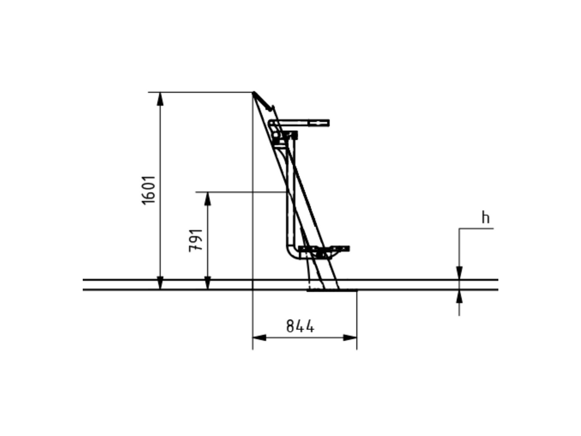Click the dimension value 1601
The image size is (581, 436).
pyautogui.click(x=149, y=190)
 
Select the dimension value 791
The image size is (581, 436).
pyautogui.click(x=196, y=241)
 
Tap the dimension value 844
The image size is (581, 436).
pyautogui.click(x=300, y=326)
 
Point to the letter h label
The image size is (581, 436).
pyautogui.click(x=486, y=218)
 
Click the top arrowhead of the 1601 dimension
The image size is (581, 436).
pyautogui.click(x=160, y=99)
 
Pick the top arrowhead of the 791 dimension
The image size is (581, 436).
pyautogui.click(x=208, y=199)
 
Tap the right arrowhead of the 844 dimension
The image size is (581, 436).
pyautogui.click(x=350, y=337)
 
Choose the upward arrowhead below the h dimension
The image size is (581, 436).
pyautogui.click(x=459, y=296)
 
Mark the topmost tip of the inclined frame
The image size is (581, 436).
pyautogui.click(x=254, y=93)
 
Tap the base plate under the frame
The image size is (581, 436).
pyautogui.click(x=332, y=290)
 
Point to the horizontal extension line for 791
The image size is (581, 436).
pyautogui.click(x=241, y=192)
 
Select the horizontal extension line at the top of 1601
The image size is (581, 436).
pyautogui.click(x=201, y=93)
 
